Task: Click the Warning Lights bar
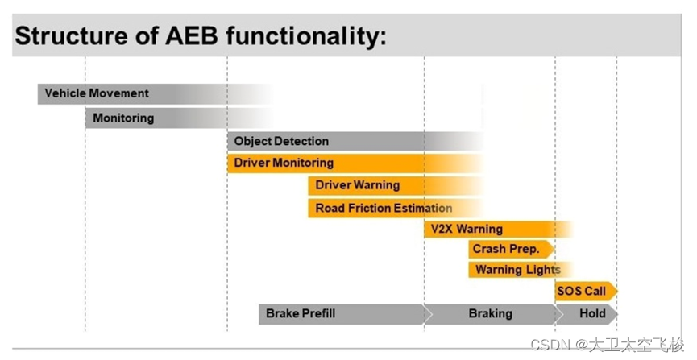516,269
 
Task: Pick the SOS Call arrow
584,291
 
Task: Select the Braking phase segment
490,313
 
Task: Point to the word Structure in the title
67,36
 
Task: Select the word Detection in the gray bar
301,141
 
